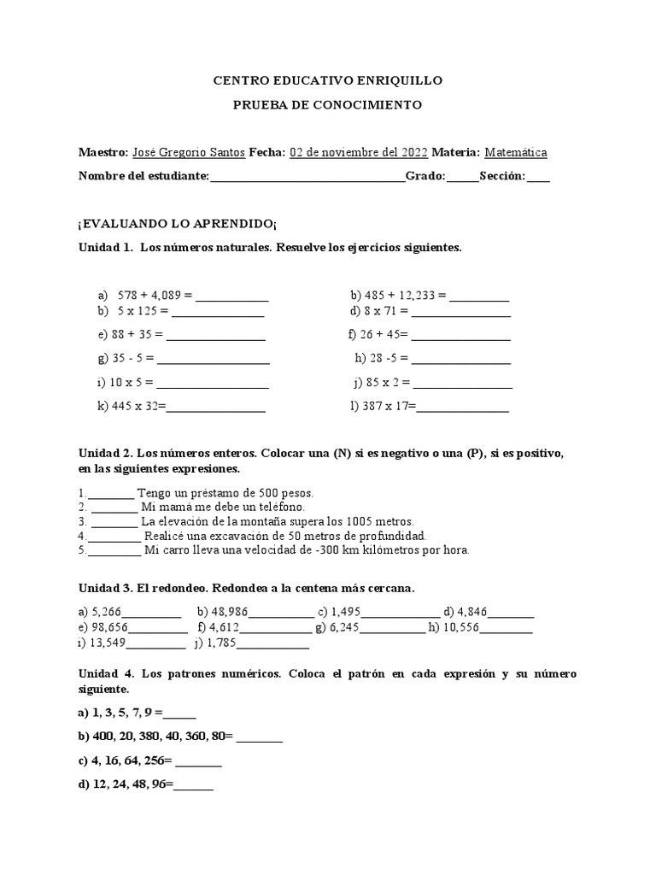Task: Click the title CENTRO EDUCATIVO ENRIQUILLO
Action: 327,80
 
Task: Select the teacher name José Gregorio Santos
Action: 188,152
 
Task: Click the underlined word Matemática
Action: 516,152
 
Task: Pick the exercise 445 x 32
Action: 130,407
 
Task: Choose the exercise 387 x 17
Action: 381,407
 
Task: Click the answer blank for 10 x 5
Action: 213,383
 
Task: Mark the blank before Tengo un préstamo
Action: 110,494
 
